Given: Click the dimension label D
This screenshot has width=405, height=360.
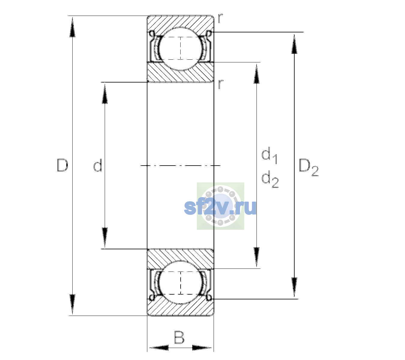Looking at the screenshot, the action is click(x=62, y=165).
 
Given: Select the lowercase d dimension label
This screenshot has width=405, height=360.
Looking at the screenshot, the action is click(x=97, y=165).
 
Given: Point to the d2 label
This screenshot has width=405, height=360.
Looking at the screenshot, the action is click(x=270, y=179).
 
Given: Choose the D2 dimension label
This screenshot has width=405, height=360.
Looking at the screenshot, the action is click(x=308, y=167).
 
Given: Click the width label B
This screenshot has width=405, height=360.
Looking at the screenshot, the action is click(x=179, y=337).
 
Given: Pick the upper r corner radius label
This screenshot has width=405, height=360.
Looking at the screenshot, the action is click(x=220, y=18).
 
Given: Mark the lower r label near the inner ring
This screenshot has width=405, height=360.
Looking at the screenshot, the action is click(x=220, y=84).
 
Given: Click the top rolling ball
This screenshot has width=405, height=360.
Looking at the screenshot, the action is click(x=181, y=49).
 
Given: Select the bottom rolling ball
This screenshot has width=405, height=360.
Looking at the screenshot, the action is click(x=181, y=283).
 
